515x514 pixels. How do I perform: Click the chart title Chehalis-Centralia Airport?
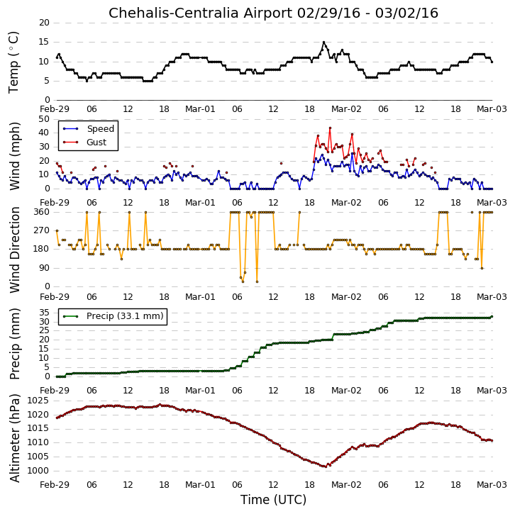[x=200, y=13]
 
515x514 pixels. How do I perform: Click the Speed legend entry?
[x=89, y=128]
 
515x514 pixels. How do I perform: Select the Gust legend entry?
[x=84, y=142]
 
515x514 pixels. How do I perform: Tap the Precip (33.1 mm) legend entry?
[x=113, y=316]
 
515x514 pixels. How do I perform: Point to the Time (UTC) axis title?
[x=273, y=500]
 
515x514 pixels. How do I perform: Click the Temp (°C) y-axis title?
[x=13, y=62]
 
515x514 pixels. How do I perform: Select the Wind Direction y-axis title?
[x=14, y=250]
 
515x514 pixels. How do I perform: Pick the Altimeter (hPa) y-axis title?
[x=14, y=438]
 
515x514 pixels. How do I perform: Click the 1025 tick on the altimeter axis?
[x=38, y=401]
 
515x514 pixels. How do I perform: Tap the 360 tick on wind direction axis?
[x=42, y=212]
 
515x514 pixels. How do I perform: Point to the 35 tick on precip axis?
[x=45, y=313]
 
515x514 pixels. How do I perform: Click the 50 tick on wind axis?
[x=44, y=119]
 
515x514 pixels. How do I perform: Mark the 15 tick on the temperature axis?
[x=44, y=42]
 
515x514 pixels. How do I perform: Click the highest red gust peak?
[x=330, y=128]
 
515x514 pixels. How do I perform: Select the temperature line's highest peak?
[x=324, y=42]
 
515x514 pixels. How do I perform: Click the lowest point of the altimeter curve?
[x=325, y=466]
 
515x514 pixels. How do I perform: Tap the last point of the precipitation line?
[x=492, y=317]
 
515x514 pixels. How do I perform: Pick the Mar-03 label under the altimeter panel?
[x=492, y=484]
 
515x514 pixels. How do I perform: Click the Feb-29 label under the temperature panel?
[x=55, y=109]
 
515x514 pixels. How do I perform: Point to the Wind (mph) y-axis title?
[x=14, y=156]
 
